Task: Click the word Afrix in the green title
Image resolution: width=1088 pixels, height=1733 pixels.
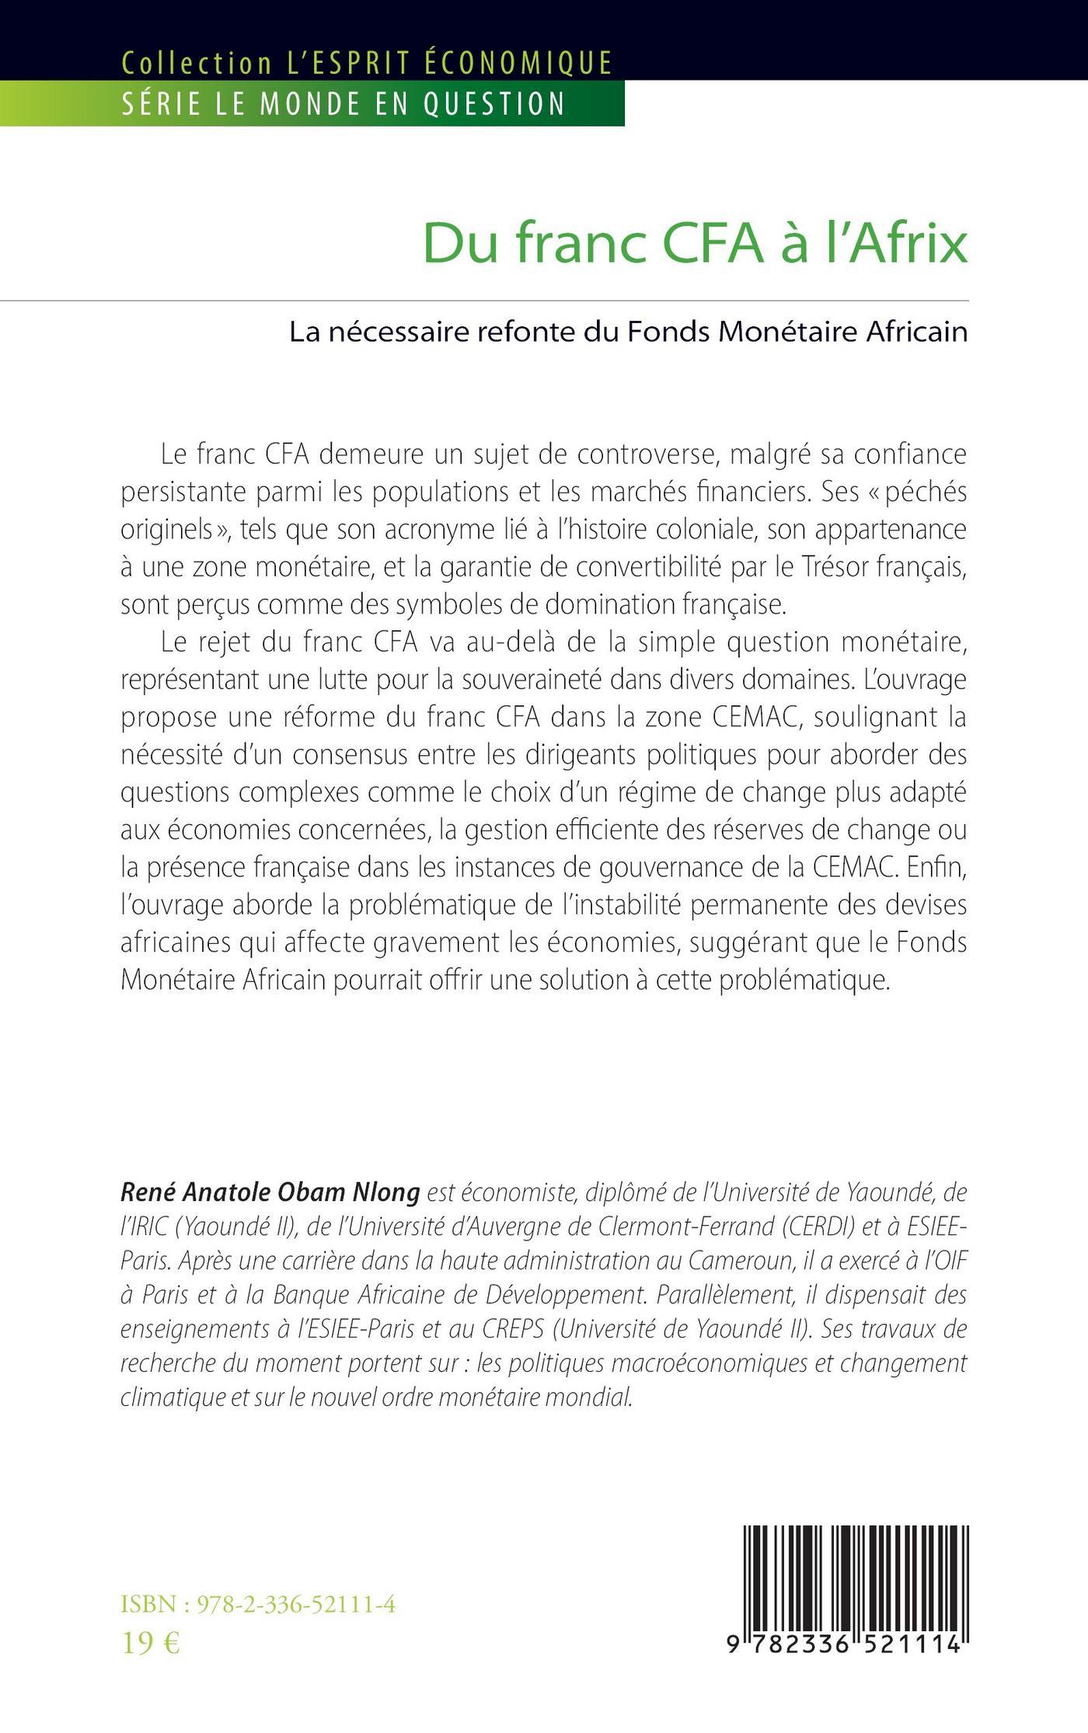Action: pyautogui.click(x=908, y=244)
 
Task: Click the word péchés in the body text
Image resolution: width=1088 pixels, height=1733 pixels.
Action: pyautogui.click(x=925, y=492)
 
